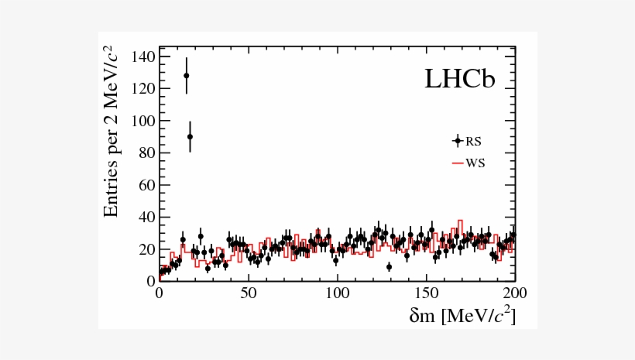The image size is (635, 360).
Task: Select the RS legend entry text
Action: tap(473, 141)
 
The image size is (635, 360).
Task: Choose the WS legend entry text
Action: tap(475, 163)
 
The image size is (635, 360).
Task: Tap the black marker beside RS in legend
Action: tap(458, 141)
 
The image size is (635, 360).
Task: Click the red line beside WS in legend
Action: tap(458, 163)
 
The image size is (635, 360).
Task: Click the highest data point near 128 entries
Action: tap(186, 76)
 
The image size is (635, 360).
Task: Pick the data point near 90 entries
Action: tap(190, 136)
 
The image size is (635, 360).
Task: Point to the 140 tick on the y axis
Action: tap(143, 57)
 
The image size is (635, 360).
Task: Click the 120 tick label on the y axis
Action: tap(143, 89)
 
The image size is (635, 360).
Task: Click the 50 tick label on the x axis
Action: tap(248, 294)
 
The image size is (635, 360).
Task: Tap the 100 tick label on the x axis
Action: tap(337, 294)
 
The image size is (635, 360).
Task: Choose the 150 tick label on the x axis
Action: tap(426, 294)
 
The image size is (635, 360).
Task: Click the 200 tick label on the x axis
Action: tap(515, 294)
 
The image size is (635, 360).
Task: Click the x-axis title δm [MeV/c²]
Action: tap(461, 316)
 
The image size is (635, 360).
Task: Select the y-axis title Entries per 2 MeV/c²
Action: tap(112, 132)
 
